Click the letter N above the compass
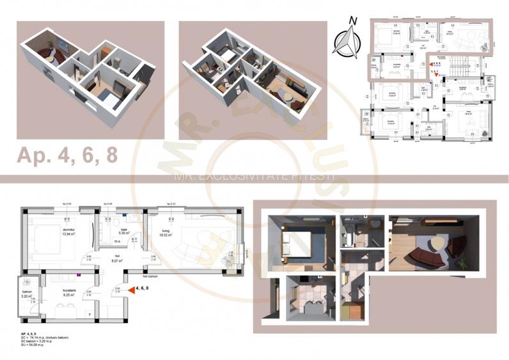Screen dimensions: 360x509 point(351,21)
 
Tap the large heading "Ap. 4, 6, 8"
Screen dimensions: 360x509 point(67,155)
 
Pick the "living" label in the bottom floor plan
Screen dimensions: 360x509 point(166,230)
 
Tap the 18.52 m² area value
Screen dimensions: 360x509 point(168,235)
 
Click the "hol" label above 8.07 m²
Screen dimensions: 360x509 point(117,256)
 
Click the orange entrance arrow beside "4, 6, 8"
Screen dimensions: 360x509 point(131,290)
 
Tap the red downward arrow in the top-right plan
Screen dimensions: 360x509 point(437,75)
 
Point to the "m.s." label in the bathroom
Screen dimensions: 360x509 point(118,242)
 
